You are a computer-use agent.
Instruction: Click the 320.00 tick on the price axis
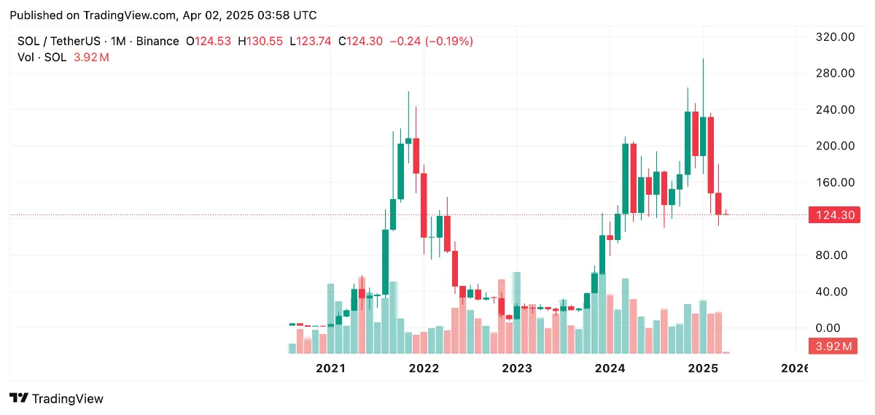pos(835,36)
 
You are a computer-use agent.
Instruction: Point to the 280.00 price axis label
pos(835,73)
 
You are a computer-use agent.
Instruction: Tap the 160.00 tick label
pos(835,182)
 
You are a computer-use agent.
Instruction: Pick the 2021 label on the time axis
pos(330,369)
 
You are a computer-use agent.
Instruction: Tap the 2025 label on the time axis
pos(703,369)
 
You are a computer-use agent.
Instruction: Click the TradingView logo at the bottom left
pos(56,398)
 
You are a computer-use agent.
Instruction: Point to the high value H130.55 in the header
pos(260,42)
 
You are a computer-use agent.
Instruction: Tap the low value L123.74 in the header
pos(311,42)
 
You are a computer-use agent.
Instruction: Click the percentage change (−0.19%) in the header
pos(452,42)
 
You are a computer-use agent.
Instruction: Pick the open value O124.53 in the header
pos(210,42)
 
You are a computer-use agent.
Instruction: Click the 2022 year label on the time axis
pos(424,369)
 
